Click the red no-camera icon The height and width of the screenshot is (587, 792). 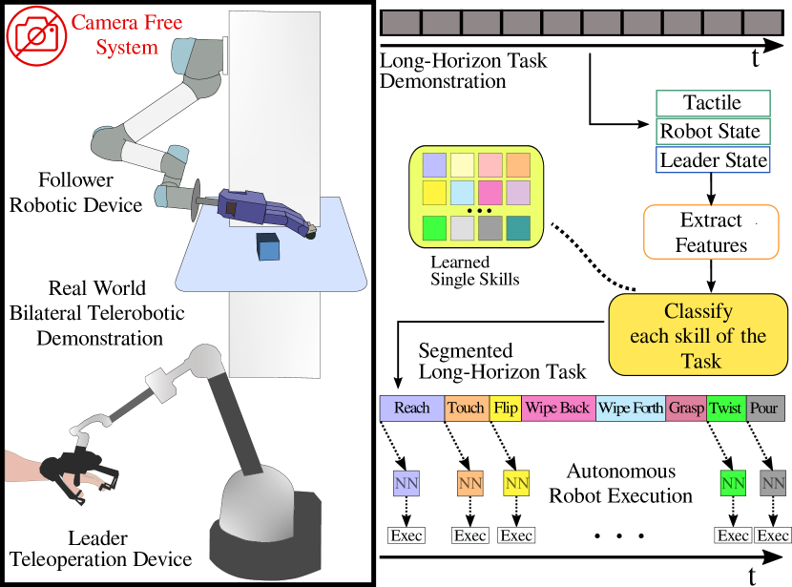[x=36, y=35]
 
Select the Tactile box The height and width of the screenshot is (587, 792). [x=712, y=103]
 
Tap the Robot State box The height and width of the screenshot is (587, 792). [x=712, y=132]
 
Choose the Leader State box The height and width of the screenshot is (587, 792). [x=712, y=160]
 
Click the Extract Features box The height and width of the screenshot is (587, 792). [x=711, y=232]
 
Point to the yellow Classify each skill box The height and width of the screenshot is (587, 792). [x=698, y=336]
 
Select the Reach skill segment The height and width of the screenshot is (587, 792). [x=412, y=409]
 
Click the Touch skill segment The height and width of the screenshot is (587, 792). [x=467, y=409]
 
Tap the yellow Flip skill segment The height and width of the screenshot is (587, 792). [x=506, y=409]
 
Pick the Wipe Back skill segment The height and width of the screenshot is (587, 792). [x=557, y=409]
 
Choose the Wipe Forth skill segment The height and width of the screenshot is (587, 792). [x=631, y=409]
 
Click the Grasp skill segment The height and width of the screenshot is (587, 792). [x=686, y=409]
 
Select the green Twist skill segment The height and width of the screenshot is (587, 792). [x=726, y=409]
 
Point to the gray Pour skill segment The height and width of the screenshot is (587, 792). [x=764, y=409]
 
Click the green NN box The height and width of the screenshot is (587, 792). [x=733, y=483]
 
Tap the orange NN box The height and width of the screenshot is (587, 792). [x=469, y=483]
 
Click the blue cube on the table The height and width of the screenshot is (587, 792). [x=268, y=246]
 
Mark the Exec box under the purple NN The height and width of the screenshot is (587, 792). [x=406, y=535]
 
